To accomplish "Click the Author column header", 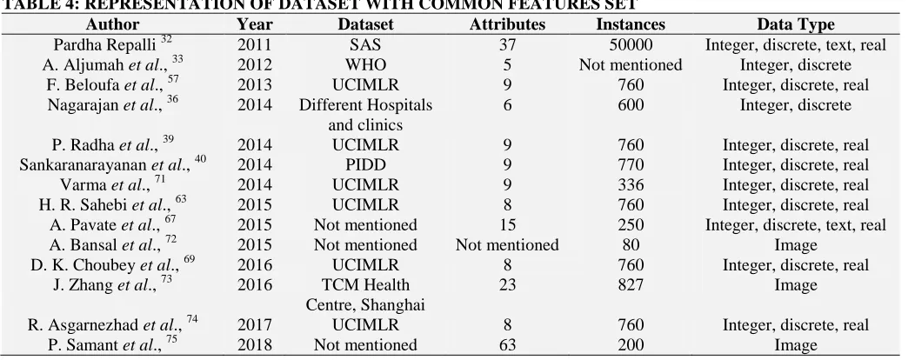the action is click(x=112, y=24).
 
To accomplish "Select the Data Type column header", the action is click(x=795, y=24).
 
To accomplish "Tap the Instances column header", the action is click(x=631, y=24).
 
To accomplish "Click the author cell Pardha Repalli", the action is click(x=112, y=44).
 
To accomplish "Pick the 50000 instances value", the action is click(x=631, y=45).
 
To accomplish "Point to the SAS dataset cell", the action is click(x=365, y=45).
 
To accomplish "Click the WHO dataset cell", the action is click(x=365, y=64).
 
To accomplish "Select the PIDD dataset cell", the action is click(x=365, y=165).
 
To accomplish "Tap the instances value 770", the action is click(x=631, y=165).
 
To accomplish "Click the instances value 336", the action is click(x=631, y=185).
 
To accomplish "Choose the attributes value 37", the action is click(x=507, y=45).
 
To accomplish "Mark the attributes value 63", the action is click(x=507, y=345).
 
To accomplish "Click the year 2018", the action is click(x=255, y=345).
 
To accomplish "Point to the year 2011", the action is click(x=255, y=45).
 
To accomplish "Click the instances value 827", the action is click(x=631, y=284).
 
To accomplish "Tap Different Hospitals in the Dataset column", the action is click(x=365, y=105).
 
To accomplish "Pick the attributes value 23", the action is click(x=507, y=284).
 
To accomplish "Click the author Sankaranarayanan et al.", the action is click(x=112, y=164).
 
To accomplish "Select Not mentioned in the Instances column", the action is click(x=631, y=64).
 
